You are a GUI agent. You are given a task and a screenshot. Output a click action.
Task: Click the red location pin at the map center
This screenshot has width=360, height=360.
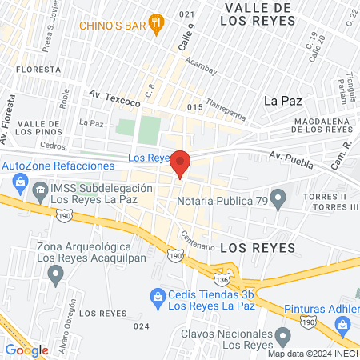click(x=181, y=162)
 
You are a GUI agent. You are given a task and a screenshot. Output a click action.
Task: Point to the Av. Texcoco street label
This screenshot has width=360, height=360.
click(x=114, y=98)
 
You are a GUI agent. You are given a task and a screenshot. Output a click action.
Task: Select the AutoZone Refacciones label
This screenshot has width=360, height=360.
click(x=58, y=164)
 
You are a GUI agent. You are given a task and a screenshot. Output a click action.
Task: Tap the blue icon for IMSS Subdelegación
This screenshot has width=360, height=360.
click(x=40, y=189)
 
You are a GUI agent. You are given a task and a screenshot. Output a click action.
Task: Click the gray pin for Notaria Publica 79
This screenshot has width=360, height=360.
click(x=278, y=195)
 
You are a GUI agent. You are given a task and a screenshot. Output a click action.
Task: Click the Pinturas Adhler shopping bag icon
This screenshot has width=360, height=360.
click(x=343, y=323)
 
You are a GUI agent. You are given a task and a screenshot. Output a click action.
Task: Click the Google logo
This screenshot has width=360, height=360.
click(x=26, y=350)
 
